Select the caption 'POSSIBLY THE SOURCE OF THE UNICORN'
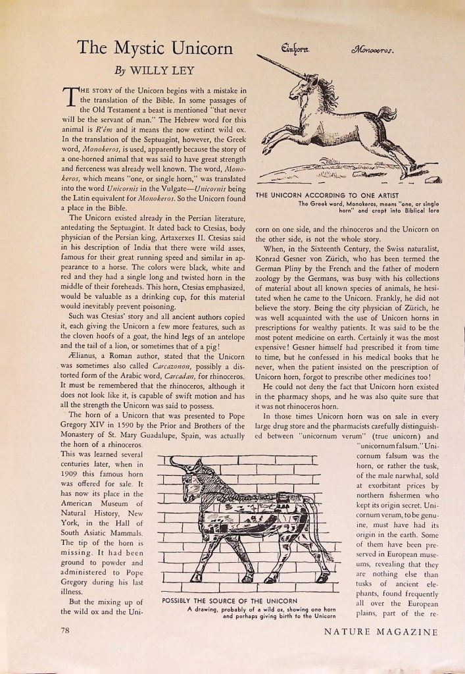(x=230, y=600)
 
